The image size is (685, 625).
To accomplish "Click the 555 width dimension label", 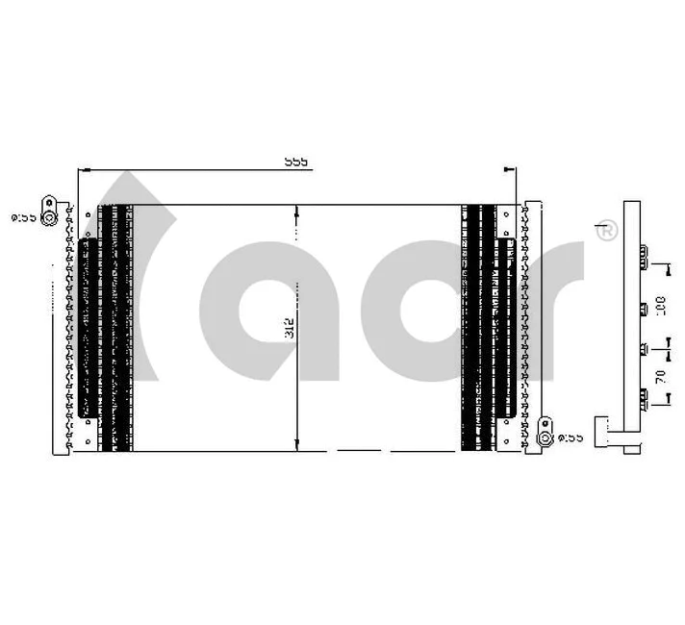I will pos(295,162).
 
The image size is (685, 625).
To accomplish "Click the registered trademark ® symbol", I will pos(606,231).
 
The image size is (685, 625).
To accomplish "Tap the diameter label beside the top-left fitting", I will pos(23,218).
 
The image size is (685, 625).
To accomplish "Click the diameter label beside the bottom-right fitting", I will pos(571,437).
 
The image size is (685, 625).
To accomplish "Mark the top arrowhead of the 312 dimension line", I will pos(296,210).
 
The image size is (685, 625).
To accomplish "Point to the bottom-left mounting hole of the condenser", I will pos(88,443).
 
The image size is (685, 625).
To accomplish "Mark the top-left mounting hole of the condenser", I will pos(88,211).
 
